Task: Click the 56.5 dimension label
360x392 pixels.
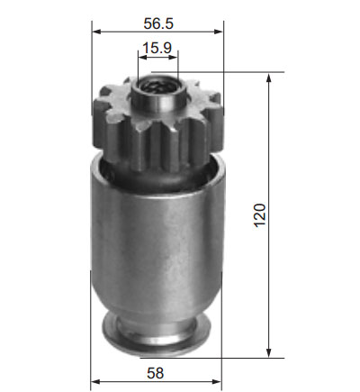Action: (158, 23)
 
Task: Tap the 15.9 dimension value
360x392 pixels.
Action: (157, 48)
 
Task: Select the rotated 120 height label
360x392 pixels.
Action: (260, 215)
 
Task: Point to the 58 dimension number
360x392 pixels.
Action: (156, 373)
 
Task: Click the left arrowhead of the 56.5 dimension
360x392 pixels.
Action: (96, 32)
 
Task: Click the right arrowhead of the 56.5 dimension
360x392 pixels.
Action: (219, 32)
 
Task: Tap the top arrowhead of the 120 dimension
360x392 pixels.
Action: (269, 77)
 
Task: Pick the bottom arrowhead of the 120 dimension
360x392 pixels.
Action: (269, 352)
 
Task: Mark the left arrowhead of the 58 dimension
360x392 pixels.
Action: (95, 382)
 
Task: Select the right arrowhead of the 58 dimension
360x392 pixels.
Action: (217, 382)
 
